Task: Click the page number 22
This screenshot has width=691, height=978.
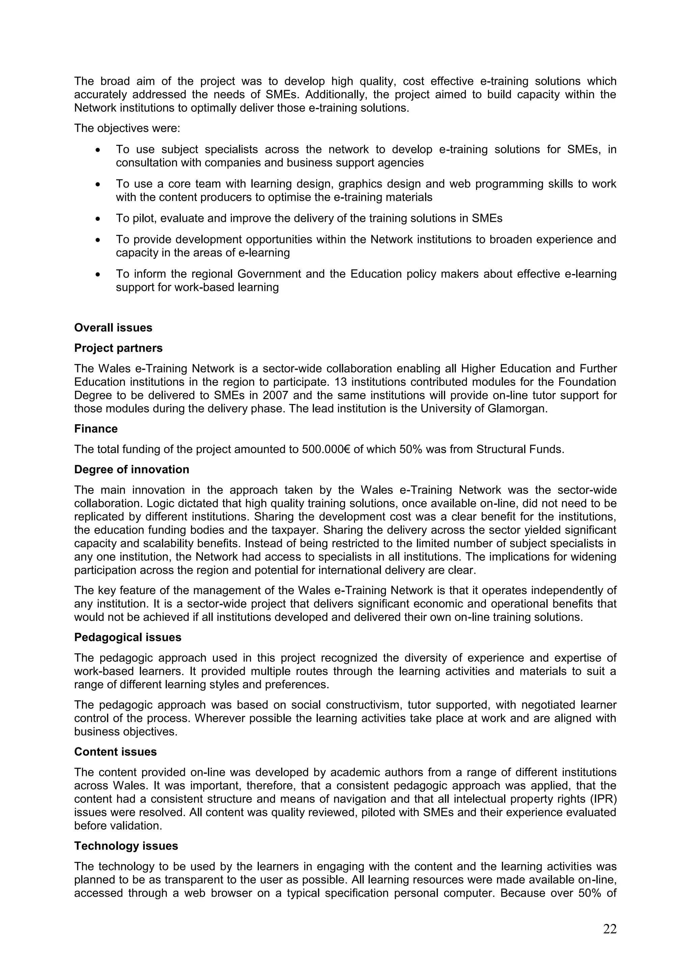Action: click(x=609, y=929)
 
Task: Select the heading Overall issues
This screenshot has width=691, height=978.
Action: click(x=113, y=327)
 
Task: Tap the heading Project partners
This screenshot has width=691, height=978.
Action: click(x=118, y=348)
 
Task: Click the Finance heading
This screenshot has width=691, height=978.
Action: click(x=96, y=428)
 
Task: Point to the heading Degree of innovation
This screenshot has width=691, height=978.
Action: click(x=132, y=469)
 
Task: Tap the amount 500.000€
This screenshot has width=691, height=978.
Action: click(x=326, y=449)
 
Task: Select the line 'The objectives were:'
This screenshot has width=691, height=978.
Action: click(x=127, y=128)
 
